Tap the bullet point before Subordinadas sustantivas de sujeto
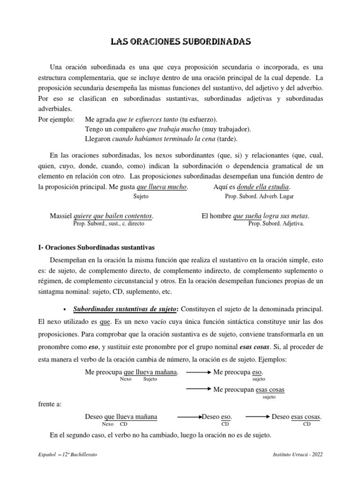(x=64, y=310)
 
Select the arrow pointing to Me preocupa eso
(x=198, y=372)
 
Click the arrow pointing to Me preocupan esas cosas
(x=198, y=390)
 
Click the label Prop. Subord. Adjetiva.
(x=276, y=224)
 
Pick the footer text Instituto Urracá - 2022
(x=297, y=455)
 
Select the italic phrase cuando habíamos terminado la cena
(x=162, y=139)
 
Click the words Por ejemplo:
(x=55, y=119)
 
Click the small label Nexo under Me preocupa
(x=125, y=379)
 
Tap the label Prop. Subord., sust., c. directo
(x=109, y=224)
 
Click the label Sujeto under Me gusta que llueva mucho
(x=141, y=196)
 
